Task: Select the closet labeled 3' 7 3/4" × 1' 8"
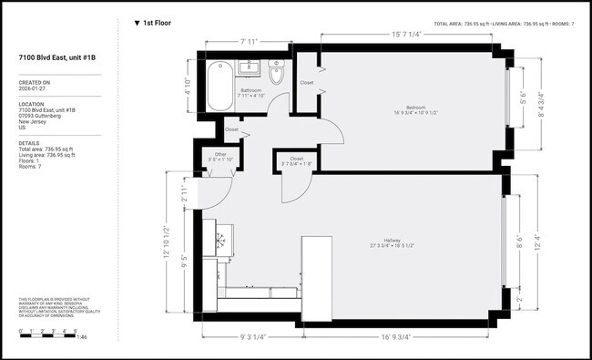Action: [x=296, y=161]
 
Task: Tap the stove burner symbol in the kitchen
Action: [x=221, y=240]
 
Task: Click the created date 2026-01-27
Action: [x=35, y=90]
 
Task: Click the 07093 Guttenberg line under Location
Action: [x=40, y=117]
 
